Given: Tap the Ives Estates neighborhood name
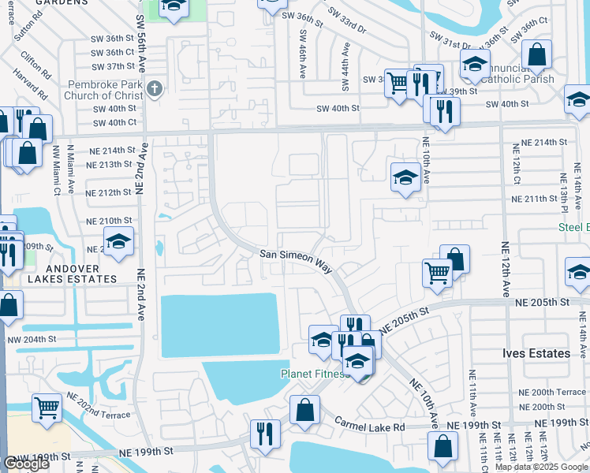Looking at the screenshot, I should tap(536, 353).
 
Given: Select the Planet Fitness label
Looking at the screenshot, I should tap(314, 374).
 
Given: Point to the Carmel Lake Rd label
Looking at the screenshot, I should tap(368, 426).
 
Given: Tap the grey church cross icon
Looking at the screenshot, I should tap(155, 89).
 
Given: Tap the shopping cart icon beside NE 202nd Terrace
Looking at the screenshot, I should tap(47, 407).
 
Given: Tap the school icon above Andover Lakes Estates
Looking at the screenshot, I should tap(118, 241).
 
